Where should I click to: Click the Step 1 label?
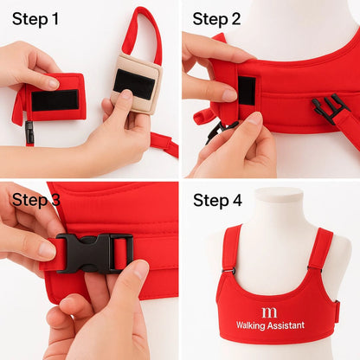tap(35, 18)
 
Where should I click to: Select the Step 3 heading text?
tap(35, 201)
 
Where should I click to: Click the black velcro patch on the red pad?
tap(55, 100)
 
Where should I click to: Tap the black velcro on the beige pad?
tap(134, 84)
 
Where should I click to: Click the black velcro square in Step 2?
tap(247, 91)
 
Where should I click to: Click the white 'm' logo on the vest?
tap(270, 309)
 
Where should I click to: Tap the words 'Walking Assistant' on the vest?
tap(270, 326)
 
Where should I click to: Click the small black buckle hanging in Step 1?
tap(29, 132)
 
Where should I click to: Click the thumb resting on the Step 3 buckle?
tap(35, 247)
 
